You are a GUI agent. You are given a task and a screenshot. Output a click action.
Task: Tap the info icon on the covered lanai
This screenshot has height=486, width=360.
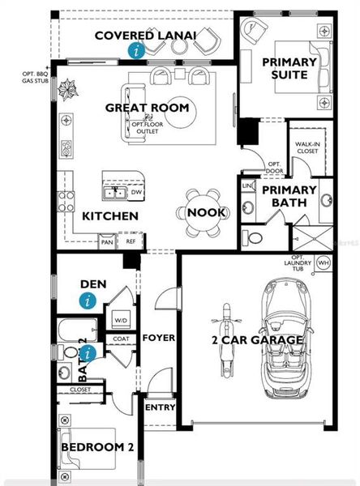pyautogui.click(x=136, y=50)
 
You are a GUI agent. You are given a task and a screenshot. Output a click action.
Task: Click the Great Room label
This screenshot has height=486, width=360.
pyautogui.click(x=147, y=108)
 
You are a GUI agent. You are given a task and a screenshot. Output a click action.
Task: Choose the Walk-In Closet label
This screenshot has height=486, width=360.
pyautogui.click(x=309, y=147)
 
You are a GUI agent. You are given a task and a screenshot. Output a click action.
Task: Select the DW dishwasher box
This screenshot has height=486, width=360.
pyautogui.click(x=137, y=193)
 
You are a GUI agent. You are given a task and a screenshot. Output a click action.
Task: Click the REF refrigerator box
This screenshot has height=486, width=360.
pyautogui.click(x=130, y=241)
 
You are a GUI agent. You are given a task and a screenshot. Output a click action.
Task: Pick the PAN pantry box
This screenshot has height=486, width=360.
pyautogui.click(x=107, y=241)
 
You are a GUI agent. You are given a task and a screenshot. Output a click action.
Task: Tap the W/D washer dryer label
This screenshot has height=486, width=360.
pyautogui.click(x=122, y=320)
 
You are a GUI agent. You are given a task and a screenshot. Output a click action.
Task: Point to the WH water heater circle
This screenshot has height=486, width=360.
pyautogui.click(x=323, y=263)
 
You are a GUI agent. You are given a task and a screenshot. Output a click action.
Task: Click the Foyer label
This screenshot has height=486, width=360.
pyautogui.click(x=159, y=338)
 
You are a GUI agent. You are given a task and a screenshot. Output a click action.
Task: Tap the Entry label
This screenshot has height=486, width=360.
pyautogui.click(x=160, y=407)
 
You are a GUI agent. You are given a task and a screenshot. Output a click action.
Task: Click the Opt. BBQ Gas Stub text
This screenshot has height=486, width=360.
pyautogui.click(x=35, y=77)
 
